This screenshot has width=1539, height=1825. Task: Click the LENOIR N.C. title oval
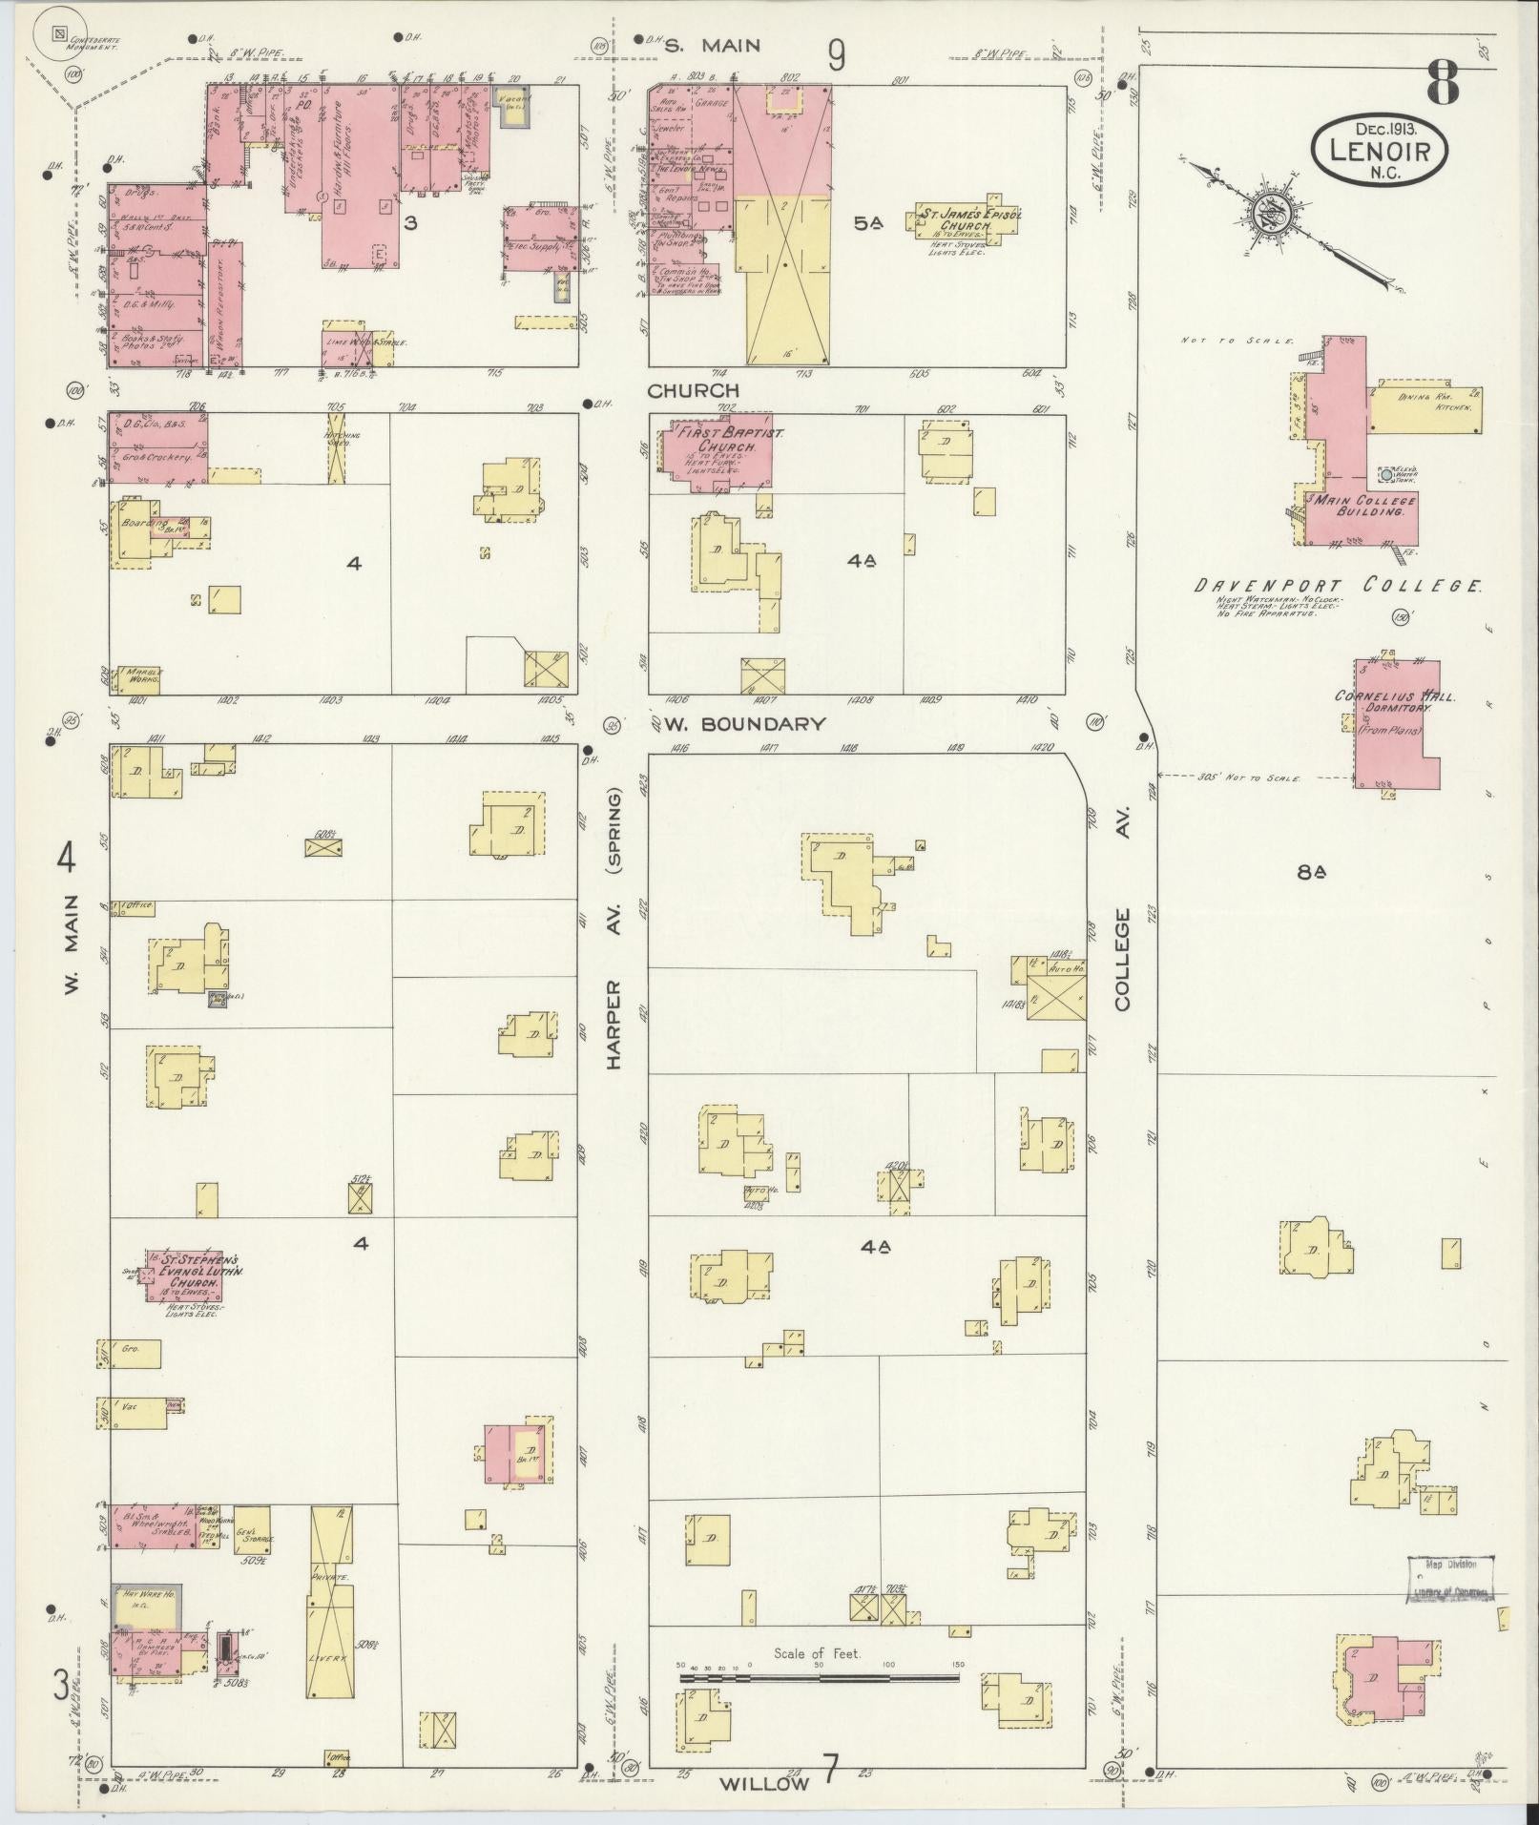(x=1380, y=149)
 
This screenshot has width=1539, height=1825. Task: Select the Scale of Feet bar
(x=819, y=1008)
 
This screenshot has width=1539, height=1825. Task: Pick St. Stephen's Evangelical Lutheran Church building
(x=185, y=1275)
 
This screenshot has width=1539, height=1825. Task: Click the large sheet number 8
(x=1442, y=85)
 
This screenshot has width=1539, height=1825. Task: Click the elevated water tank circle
(x=1385, y=473)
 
